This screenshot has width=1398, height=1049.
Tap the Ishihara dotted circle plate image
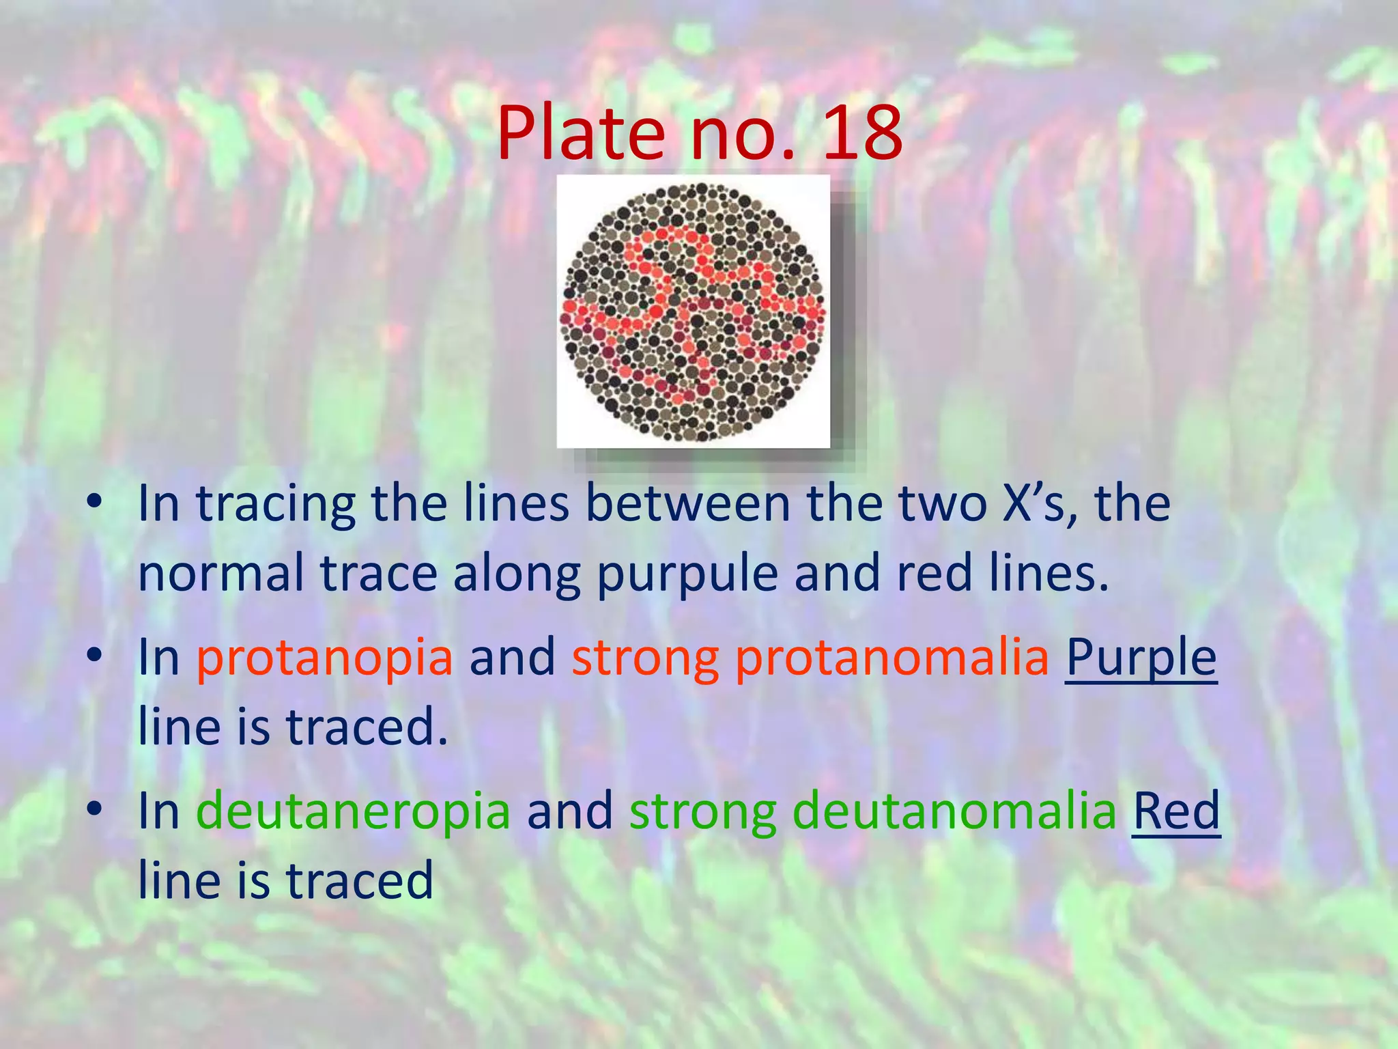[x=693, y=311]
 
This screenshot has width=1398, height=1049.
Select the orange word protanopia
[x=324, y=658]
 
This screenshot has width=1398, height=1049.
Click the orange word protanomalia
[x=893, y=658]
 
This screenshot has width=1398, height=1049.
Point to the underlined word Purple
[x=1141, y=658]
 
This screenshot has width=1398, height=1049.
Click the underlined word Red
[x=1176, y=811]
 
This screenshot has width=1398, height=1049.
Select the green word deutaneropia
[x=353, y=811]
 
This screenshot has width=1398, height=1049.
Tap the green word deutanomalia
[x=954, y=811]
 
